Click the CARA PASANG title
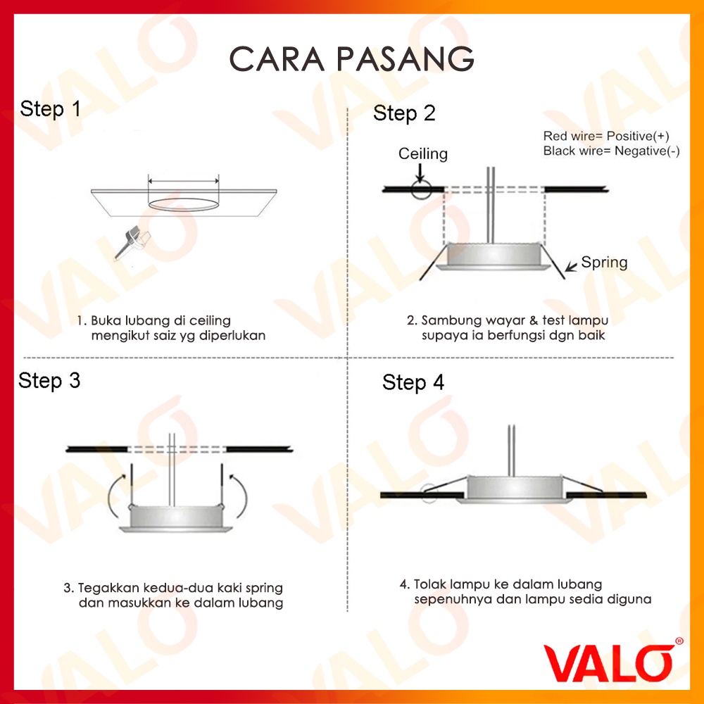[351, 59]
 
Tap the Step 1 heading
[50, 109]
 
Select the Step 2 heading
[404, 113]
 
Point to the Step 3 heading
[49, 381]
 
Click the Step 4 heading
[413, 382]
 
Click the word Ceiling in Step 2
[423, 154]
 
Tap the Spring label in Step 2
[604, 263]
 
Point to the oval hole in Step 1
[184, 204]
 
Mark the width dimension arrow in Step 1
[184, 182]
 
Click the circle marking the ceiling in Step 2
[421, 189]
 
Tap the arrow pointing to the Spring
[572, 266]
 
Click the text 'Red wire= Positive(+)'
[606, 136]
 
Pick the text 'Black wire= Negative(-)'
[612, 151]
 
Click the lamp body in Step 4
[514, 488]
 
